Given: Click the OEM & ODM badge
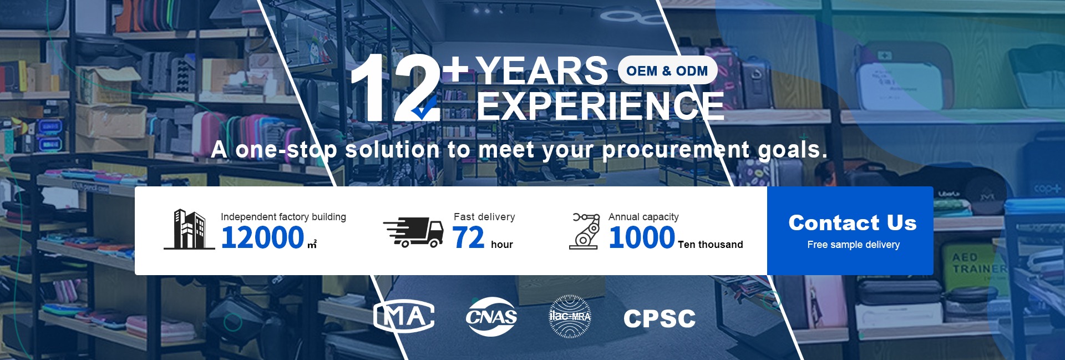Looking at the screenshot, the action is [667, 70].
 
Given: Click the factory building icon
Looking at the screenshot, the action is [189, 229].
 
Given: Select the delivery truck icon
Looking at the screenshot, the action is [413, 232].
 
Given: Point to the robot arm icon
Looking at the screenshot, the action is [585, 231].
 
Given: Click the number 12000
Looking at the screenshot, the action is [263, 237].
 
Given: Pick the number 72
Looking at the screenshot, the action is [469, 237].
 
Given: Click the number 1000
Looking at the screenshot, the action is [642, 237].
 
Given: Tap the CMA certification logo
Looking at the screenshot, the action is [404, 317].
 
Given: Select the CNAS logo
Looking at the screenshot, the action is [491, 317].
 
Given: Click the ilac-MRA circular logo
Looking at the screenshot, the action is [570, 317].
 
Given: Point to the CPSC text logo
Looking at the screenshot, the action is [660, 318].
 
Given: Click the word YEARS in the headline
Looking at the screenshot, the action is [542, 71].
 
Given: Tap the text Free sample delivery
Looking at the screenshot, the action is [853, 245].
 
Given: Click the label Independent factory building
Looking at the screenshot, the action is [283, 217].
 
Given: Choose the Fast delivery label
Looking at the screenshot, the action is [484, 217].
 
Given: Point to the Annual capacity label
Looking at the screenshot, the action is [643, 217].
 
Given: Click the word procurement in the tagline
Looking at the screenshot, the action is [676, 150].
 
